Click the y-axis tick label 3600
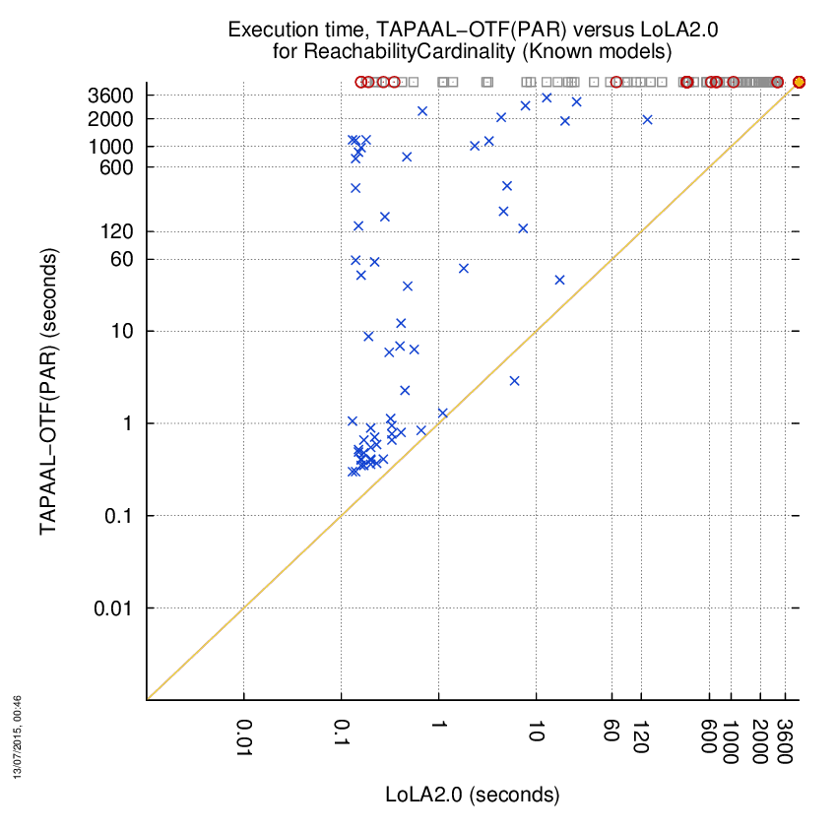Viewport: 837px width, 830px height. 110,96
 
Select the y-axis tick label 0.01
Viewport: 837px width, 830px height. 112,607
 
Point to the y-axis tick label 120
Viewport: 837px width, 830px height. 116,231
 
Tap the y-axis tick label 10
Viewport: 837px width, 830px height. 122,332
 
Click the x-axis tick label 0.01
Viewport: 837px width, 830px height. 244,737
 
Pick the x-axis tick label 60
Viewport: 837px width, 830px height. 612,731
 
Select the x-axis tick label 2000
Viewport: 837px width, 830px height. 759,741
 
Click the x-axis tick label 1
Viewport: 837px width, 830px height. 439,725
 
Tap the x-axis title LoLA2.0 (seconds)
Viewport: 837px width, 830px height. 473,795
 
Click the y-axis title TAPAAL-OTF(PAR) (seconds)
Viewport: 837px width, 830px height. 48,391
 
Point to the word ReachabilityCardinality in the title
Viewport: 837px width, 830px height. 410,52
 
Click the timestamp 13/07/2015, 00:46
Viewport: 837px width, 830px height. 18,736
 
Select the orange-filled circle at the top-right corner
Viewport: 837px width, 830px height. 799,82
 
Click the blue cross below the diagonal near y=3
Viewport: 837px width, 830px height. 515,381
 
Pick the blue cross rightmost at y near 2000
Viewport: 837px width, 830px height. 648,120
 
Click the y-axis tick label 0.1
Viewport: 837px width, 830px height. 118,516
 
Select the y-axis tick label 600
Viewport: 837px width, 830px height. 116,167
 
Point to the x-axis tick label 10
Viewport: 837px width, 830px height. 536,731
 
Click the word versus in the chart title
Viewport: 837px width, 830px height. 604,30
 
